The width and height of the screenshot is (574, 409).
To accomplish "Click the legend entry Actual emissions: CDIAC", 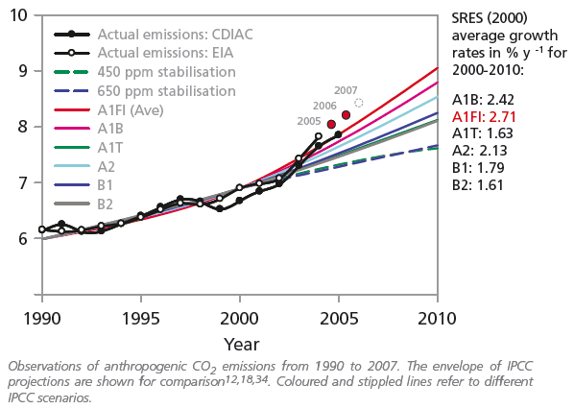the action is (154, 35).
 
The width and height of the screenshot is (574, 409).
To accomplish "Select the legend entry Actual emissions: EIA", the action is (144, 53).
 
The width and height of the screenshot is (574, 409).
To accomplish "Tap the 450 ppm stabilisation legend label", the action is (167, 72).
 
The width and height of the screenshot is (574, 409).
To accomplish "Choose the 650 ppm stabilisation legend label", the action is (167, 91).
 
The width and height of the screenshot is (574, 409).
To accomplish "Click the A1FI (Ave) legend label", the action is (131, 110).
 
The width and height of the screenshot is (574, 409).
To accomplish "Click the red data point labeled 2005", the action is (331, 125).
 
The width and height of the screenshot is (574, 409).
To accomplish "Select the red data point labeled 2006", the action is (346, 115).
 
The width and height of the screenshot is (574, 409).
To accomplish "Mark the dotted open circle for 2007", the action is (359, 103).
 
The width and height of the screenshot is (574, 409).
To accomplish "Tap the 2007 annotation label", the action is (346, 90).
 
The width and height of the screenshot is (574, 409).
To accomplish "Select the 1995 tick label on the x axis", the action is (140, 319).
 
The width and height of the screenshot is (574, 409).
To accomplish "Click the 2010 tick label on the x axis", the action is (437, 319).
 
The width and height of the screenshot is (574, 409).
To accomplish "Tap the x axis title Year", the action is (242, 345).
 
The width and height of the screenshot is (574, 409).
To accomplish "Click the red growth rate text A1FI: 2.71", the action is (484, 117).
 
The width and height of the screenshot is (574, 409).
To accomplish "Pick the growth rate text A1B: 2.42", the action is (483, 100).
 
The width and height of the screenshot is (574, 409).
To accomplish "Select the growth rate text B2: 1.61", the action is (478, 185).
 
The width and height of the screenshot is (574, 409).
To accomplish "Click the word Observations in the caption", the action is (44, 366).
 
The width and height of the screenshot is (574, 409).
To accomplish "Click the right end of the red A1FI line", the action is (438, 68).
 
